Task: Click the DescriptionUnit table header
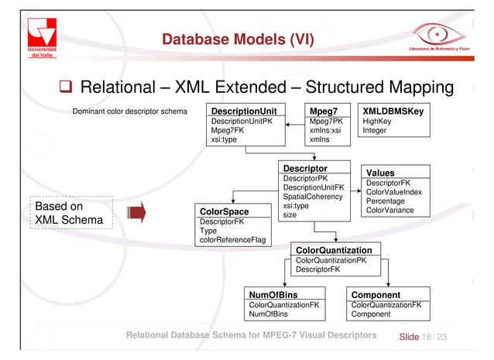coord(244,111)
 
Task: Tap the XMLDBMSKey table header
coord(393,111)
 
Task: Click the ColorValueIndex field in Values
coord(394,192)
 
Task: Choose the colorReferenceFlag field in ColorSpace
coord(232,240)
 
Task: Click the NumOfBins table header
coord(273,295)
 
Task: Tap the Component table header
coord(376,295)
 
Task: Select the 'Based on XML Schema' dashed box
coord(70,213)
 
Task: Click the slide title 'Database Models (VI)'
coord(238,39)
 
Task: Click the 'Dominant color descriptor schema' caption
coord(129,111)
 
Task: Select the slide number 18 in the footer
coord(426,338)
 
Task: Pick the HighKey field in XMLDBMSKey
coord(377,122)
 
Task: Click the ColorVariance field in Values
coord(389,211)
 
